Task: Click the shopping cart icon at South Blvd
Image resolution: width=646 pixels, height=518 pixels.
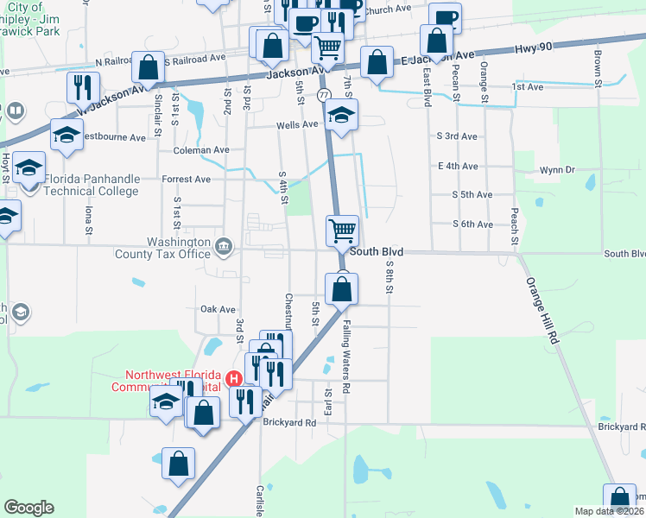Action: [x=343, y=231]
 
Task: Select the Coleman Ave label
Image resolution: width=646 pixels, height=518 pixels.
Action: [x=201, y=149]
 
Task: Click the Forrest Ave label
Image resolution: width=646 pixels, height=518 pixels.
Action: [x=186, y=180]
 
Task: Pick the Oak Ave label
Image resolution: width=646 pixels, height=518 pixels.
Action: [x=218, y=309]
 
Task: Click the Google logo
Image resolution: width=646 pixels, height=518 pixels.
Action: [x=28, y=508]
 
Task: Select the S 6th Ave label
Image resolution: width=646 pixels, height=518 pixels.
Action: [x=472, y=224]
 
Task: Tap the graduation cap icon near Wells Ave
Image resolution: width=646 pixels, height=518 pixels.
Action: [x=341, y=116]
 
